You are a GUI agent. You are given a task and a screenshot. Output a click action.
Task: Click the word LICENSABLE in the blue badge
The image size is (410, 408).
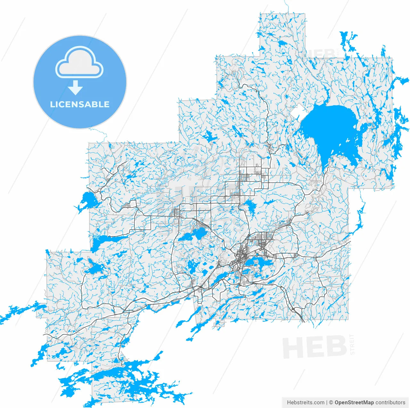(x=80, y=104)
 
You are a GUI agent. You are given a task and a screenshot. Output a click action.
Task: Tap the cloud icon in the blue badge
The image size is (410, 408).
(x=79, y=63)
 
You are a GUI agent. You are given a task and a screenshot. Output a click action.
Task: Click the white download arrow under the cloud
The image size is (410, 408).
(x=76, y=87)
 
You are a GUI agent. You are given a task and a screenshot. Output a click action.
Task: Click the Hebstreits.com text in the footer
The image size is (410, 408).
(x=306, y=402)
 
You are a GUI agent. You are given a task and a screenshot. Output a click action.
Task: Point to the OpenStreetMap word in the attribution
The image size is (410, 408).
(x=354, y=402)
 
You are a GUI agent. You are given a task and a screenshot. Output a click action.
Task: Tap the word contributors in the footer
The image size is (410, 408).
(x=390, y=402)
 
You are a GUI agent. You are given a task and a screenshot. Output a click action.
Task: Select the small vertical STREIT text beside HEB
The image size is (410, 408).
(x=353, y=344)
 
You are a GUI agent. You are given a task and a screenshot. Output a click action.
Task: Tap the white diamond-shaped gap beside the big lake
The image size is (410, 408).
(x=299, y=112)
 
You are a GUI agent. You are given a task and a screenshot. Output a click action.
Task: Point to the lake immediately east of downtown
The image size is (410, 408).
(x=259, y=263)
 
